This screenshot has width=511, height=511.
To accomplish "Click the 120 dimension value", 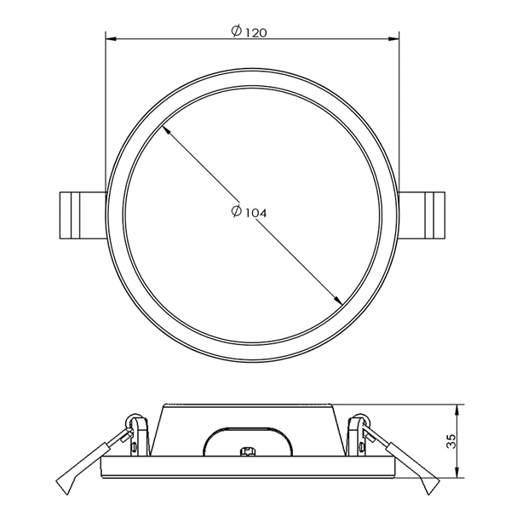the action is point(255,32).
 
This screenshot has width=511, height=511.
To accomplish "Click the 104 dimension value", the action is point(255,213).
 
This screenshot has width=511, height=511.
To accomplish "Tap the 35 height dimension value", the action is point(452,441).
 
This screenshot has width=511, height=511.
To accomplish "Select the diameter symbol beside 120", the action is point(236,31).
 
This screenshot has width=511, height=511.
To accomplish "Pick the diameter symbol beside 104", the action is point(236,211).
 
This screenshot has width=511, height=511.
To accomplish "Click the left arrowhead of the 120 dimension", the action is point(111,39).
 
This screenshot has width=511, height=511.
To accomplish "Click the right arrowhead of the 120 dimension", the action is point(394,39).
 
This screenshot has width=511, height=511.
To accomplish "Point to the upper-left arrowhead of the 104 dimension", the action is point(165,130).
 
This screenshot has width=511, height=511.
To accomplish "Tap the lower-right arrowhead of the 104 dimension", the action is point(337,300).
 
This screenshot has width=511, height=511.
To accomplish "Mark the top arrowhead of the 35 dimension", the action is point(458,410).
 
